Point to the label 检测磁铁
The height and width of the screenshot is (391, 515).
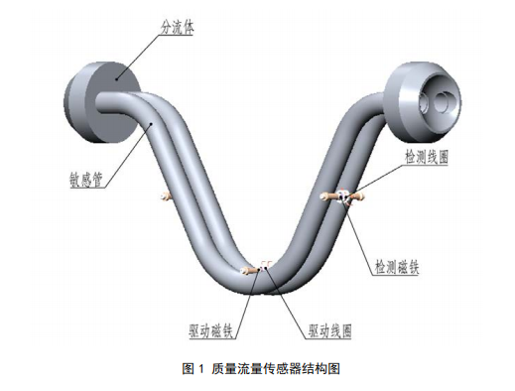(399, 266)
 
